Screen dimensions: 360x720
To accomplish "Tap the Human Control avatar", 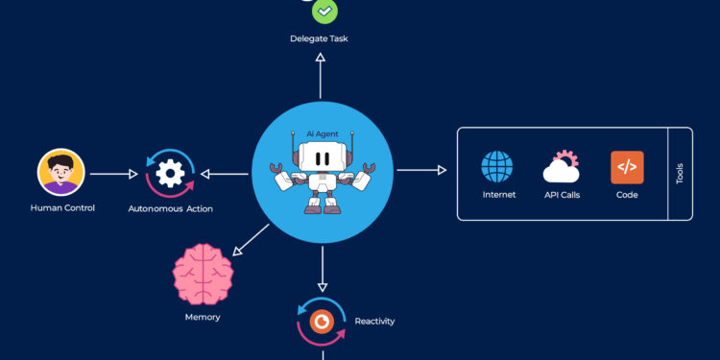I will pos(61,174).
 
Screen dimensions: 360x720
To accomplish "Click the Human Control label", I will pos(62,207).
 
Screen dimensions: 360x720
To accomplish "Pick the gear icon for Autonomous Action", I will pos(171,174).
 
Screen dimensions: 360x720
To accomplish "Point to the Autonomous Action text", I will pos(171,208).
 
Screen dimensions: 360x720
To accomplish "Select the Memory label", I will pos(203,317).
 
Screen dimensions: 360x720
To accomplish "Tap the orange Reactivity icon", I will pos(324,322).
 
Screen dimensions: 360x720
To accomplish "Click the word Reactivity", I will pos(374,321).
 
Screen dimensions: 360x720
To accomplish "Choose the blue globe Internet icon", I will pos(498,167).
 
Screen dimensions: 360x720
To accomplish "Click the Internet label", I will pos(498,195).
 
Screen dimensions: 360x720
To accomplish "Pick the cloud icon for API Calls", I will pos(562,168).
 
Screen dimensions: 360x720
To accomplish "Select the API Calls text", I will pos(562,195).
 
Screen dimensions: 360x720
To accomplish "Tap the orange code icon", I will pos(627,167).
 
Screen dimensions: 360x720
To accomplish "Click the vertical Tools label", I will pos(680,174).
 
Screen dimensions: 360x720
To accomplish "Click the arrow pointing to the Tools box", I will pos(421,170).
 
